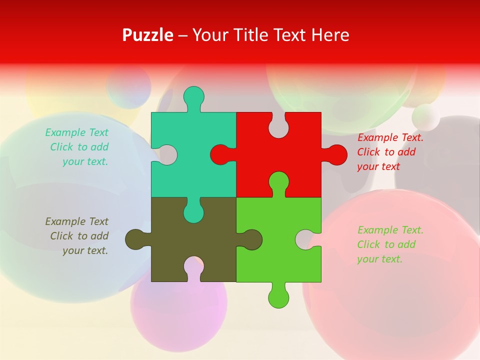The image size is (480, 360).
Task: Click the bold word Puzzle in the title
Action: click(147, 35)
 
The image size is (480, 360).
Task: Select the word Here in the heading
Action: click(330, 35)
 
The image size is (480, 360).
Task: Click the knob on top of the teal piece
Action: click(194, 96)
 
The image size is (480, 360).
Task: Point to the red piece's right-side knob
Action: click(337, 154)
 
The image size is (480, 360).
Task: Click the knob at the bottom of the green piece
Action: click(278, 297)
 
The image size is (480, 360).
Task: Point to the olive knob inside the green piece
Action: click(251, 239)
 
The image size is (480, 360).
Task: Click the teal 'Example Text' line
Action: click(76, 132)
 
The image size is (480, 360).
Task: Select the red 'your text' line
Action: click(378, 166)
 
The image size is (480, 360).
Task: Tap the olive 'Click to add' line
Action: click(79, 236)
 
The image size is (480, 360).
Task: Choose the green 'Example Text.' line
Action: click(390, 230)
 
